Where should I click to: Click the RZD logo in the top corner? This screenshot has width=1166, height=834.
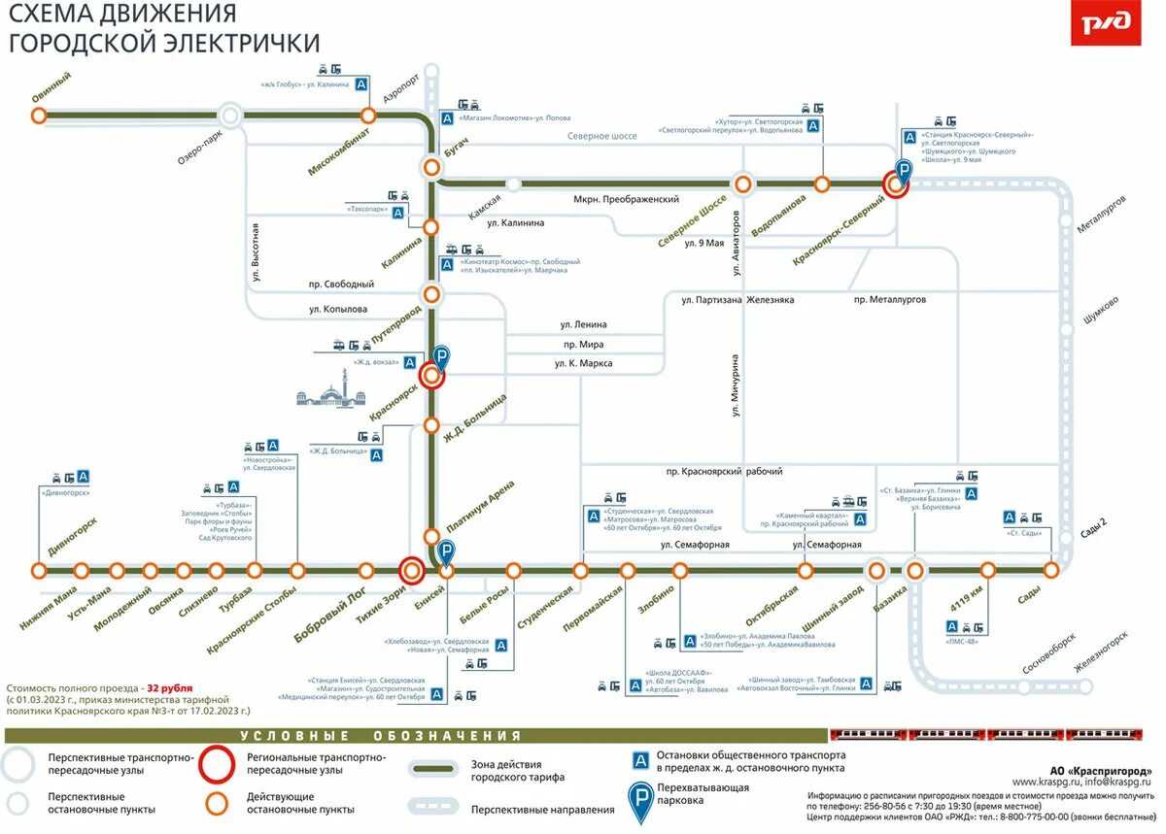click(1106, 24)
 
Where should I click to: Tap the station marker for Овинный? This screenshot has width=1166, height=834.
click(39, 116)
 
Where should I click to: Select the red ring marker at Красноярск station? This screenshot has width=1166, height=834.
click(431, 376)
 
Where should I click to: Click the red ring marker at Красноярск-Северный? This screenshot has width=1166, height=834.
click(895, 183)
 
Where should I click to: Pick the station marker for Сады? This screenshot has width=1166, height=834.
click(1050, 570)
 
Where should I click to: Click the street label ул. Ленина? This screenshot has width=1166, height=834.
click(583, 324)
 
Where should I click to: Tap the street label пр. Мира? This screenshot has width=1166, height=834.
click(583, 344)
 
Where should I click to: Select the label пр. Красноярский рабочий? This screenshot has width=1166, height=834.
click(724, 471)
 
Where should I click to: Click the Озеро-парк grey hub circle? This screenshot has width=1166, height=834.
click(230, 117)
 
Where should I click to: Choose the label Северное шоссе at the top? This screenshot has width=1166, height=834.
click(602, 136)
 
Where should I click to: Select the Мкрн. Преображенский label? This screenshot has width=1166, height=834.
click(626, 199)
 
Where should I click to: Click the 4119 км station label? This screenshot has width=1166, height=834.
click(967, 600)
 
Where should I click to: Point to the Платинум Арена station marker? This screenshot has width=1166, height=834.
click(431, 537)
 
